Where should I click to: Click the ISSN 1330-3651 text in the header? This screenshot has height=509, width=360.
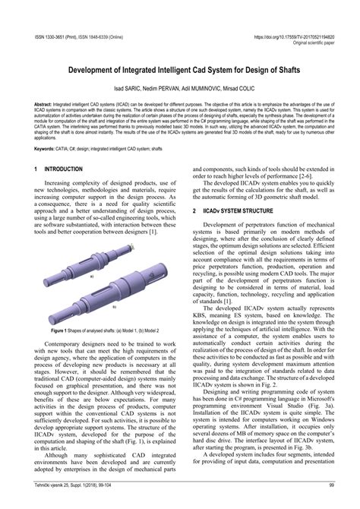[47, 35]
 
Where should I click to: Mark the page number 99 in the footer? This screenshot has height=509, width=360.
[332, 503]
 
